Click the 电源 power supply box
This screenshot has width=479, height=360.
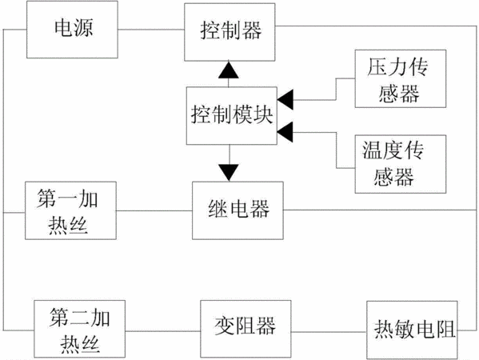pyautogui.click(x=72, y=30)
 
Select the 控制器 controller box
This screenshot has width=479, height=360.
pyautogui.click(x=230, y=32)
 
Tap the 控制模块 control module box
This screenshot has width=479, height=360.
pyautogui.click(x=232, y=116)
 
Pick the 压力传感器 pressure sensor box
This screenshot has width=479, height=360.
pyautogui.click(x=401, y=78)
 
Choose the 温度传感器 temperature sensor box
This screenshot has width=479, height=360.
pyautogui.click(x=401, y=164)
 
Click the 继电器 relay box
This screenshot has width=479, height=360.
pyautogui.click(x=238, y=210)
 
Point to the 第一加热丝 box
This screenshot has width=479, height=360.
pyautogui.click(x=70, y=210)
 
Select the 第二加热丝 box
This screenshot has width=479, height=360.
pyautogui.click(x=79, y=329)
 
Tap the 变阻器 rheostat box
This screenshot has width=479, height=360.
pyautogui.click(x=245, y=329)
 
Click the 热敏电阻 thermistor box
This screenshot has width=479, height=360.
pyautogui.click(x=412, y=330)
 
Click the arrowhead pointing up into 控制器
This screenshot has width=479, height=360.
pyautogui.click(x=229, y=70)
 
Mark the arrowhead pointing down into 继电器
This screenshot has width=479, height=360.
pyautogui.click(x=229, y=173)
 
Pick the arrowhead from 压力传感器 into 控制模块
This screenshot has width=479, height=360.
pyautogui.click(x=285, y=100)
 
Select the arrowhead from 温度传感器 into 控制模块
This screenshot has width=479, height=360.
pyautogui.click(x=285, y=132)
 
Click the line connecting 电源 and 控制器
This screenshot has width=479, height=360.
pyautogui.click(x=151, y=30)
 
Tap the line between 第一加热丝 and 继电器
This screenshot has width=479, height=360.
pyautogui.click(x=154, y=210)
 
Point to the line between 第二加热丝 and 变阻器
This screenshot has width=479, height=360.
pyautogui.click(x=163, y=331)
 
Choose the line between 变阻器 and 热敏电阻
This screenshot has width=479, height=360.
pyautogui.click(x=329, y=331)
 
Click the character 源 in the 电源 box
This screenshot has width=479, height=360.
pyautogui.click(x=83, y=28)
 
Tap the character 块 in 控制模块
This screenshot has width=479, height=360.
pyautogui.click(x=263, y=115)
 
